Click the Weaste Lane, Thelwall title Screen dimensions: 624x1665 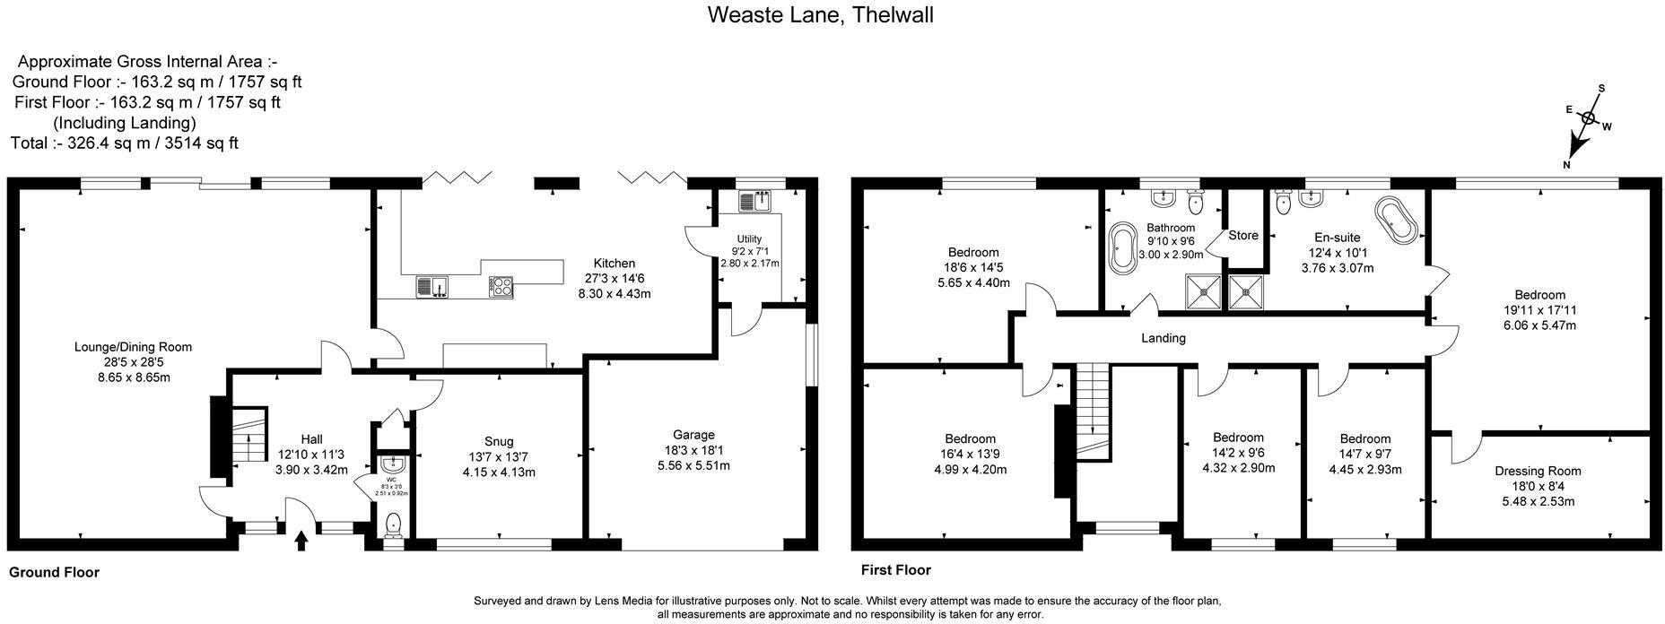(820, 15)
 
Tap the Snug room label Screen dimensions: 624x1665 (499, 441)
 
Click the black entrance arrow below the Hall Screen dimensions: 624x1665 (301, 540)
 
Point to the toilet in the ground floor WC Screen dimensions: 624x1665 (393, 525)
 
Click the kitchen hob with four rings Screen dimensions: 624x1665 (501, 287)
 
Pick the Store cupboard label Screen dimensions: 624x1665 (1243, 235)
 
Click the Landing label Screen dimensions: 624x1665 (1163, 338)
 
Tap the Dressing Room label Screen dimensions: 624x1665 (1538, 471)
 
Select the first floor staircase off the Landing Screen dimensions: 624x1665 (1093, 411)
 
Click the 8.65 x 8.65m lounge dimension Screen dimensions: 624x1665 (133, 377)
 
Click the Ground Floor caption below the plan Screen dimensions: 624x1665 (54, 572)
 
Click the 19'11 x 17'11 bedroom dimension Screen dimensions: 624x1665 (1539, 310)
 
